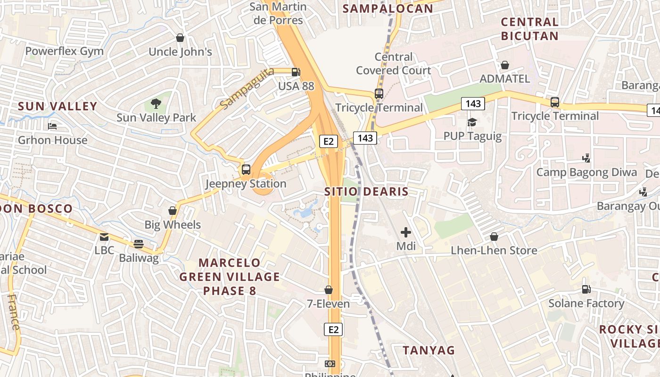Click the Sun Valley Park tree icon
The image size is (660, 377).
coord(156,103)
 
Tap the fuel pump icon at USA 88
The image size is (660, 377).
coord(296,72)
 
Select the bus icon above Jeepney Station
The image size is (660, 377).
coord(246,170)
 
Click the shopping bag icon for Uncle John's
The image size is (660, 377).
coord(180,38)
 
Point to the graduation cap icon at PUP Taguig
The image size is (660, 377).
coord(472,123)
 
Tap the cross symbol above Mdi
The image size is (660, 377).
coord(405,232)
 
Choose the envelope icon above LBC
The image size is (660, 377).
coord(104,237)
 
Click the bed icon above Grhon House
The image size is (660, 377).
coord(52,126)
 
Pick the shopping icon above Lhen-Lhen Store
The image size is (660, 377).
coord(494,237)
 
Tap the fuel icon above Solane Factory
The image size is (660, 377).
coord(586,289)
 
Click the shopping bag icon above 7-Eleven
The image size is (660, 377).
coord(329,290)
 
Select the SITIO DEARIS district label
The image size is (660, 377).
coord(366,192)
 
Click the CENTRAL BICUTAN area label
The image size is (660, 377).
coord(529,29)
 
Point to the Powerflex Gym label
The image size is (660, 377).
coord(64,51)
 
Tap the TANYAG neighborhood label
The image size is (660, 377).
coord(429,350)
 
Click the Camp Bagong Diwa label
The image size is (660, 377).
coord(586,172)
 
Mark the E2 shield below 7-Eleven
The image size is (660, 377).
coord(333,329)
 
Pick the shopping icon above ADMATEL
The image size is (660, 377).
coord(504,65)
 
